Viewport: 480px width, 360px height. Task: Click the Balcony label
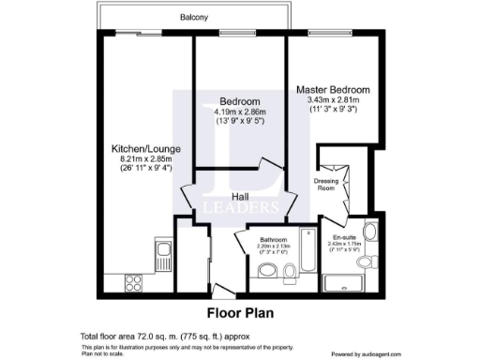[x=195, y=18]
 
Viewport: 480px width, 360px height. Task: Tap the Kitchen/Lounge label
[x=139, y=149]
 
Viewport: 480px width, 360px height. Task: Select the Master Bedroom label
[x=333, y=89]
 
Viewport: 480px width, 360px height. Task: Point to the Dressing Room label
[x=325, y=183]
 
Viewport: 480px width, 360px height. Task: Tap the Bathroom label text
[x=273, y=240]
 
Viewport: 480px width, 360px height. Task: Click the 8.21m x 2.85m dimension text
[x=140, y=159]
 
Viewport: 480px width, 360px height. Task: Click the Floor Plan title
[x=240, y=313]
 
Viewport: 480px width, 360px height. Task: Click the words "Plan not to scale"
[x=95, y=353]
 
